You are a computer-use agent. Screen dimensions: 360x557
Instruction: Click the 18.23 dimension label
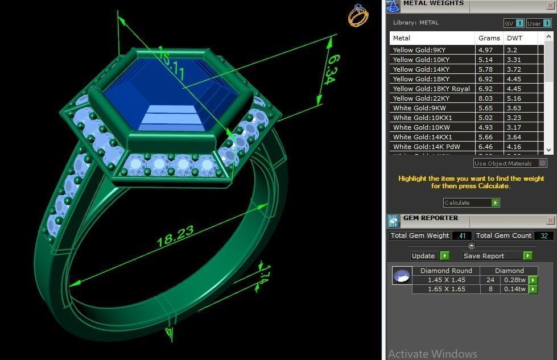tap(175, 235)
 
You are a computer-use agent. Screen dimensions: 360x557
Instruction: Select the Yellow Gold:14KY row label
tap(421, 69)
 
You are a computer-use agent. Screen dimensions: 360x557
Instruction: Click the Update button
tap(430, 256)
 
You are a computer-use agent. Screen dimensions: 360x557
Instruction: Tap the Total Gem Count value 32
tap(543, 235)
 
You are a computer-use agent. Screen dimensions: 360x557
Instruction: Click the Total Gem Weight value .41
tap(461, 235)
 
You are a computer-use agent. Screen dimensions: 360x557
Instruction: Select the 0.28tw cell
tap(514, 280)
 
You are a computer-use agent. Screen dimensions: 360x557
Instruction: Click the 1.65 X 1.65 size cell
tap(446, 289)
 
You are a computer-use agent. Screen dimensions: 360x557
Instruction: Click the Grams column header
tap(489, 38)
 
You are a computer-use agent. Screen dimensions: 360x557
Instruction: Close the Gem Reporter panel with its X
tap(550, 220)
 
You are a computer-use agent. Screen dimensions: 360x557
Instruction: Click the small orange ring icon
tap(358, 15)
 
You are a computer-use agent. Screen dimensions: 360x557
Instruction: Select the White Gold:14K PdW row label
tap(426, 147)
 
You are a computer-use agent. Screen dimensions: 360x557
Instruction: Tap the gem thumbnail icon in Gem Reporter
tap(402, 276)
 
